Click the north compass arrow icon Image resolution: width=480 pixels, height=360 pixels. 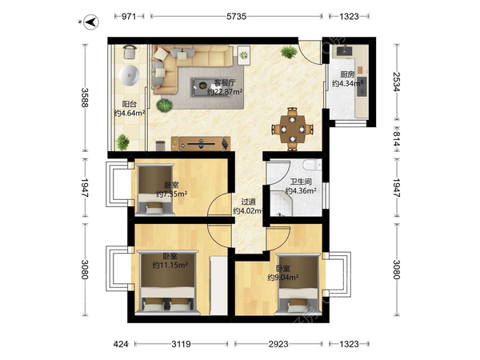(x=91, y=22)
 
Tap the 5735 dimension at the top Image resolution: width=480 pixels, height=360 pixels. (x=236, y=16)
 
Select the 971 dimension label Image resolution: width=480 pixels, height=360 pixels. (x=129, y=16)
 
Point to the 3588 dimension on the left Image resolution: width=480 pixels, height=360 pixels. (x=85, y=98)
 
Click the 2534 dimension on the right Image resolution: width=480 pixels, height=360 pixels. (x=397, y=82)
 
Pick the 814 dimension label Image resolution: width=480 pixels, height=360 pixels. (x=397, y=139)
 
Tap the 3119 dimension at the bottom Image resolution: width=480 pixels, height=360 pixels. (x=181, y=344)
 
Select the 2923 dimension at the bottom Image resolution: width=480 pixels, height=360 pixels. (x=278, y=344)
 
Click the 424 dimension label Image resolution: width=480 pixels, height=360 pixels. (x=121, y=344)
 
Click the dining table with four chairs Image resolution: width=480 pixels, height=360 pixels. (x=293, y=129)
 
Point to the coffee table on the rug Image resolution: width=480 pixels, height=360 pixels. (x=202, y=87)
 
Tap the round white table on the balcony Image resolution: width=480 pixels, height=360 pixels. (x=129, y=75)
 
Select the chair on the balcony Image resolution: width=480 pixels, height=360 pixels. (x=130, y=51)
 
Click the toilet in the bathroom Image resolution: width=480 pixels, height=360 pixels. (x=312, y=165)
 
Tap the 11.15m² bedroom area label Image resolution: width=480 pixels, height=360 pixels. (x=170, y=265)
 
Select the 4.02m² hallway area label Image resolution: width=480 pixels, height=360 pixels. (x=248, y=210)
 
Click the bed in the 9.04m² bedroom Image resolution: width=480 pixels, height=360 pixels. (x=298, y=283)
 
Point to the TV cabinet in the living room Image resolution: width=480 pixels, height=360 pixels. (x=201, y=143)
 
